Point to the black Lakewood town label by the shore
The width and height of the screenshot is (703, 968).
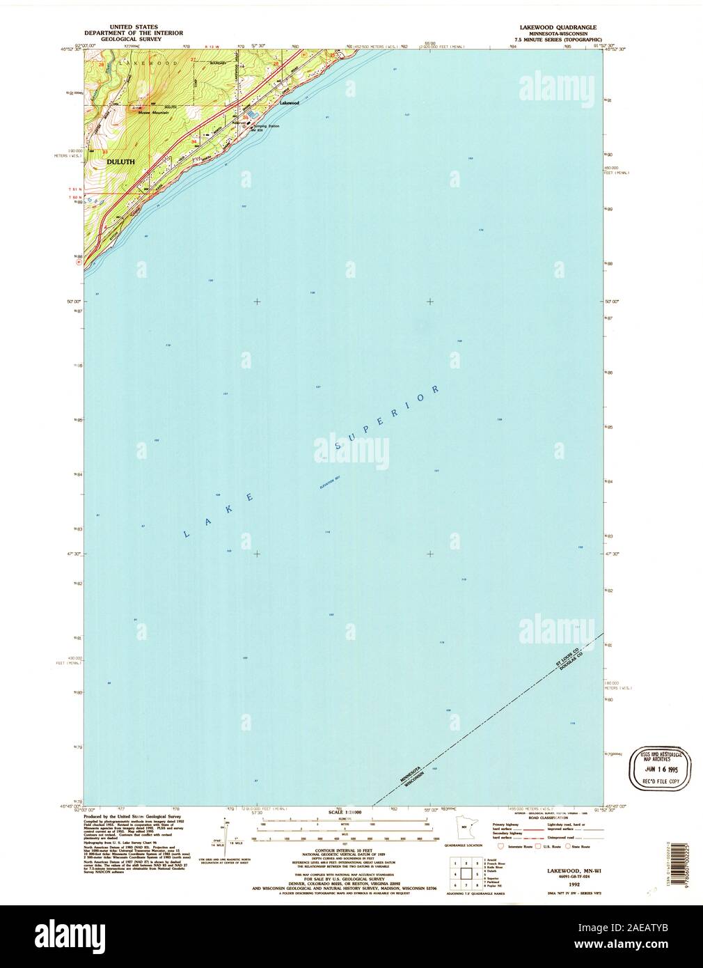289,102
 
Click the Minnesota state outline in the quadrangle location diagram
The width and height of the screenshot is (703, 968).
464,829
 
